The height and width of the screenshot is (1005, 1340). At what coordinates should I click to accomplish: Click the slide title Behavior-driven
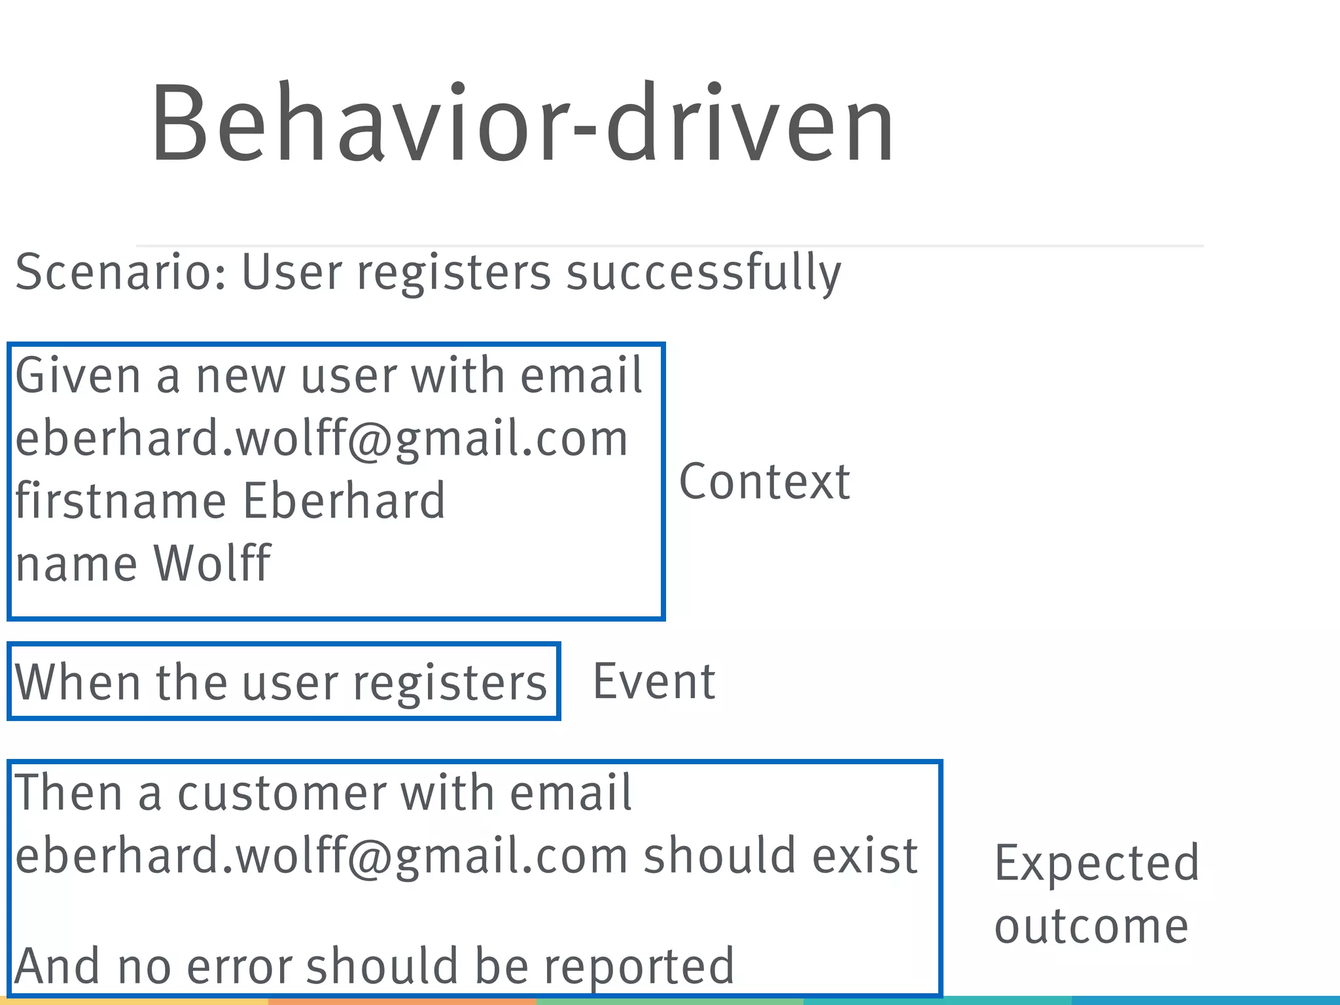click(x=522, y=123)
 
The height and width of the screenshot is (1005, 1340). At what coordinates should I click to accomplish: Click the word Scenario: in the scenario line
click(x=121, y=272)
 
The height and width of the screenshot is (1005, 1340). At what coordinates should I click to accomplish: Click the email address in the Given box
click(x=321, y=438)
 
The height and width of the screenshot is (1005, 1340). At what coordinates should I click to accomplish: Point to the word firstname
click(x=121, y=501)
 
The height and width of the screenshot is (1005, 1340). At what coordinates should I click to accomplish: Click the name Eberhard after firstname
click(x=344, y=501)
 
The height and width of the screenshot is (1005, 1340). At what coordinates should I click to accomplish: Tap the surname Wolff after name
click(x=211, y=563)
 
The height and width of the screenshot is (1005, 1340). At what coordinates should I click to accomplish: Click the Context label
click(x=764, y=482)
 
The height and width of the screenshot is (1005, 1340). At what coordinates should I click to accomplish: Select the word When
click(x=77, y=682)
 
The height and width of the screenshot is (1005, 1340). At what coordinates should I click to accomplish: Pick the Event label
click(x=654, y=682)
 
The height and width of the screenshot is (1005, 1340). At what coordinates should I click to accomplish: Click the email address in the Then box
click(x=321, y=856)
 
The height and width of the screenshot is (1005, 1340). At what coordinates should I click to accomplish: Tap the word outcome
click(x=1091, y=927)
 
